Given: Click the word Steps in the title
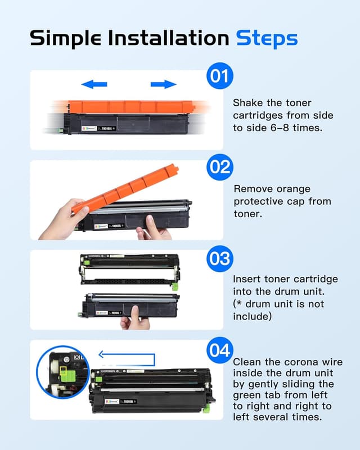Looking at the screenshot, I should (x=266, y=38).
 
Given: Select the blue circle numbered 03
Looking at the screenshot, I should (x=220, y=259).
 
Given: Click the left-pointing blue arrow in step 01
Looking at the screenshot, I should (x=94, y=84).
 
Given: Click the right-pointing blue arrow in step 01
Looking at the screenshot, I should (x=163, y=84).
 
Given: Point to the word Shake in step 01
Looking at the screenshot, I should (x=248, y=103).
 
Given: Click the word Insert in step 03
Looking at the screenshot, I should (x=248, y=280).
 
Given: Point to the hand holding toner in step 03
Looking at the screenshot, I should (x=134, y=318).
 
